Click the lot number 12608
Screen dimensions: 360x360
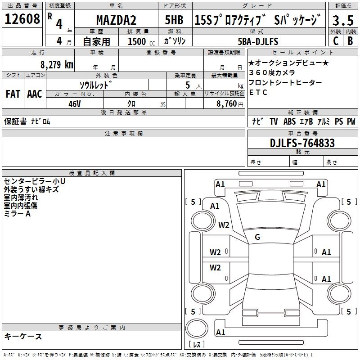point(22,19)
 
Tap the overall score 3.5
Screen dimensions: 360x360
point(342,20)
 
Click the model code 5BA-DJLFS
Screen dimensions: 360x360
point(258,41)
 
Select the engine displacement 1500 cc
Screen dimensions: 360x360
point(140,41)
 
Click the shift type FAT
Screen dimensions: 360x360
point(13,94)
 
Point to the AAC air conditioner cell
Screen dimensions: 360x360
point(34,94)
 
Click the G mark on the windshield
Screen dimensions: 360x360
point(257,237)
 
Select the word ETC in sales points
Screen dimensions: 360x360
point(258,92)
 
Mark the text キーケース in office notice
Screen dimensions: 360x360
point(23,336)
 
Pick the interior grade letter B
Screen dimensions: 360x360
point(350,41)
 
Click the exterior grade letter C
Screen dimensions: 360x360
point(335,41)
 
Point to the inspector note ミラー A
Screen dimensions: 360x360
point(17,214)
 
